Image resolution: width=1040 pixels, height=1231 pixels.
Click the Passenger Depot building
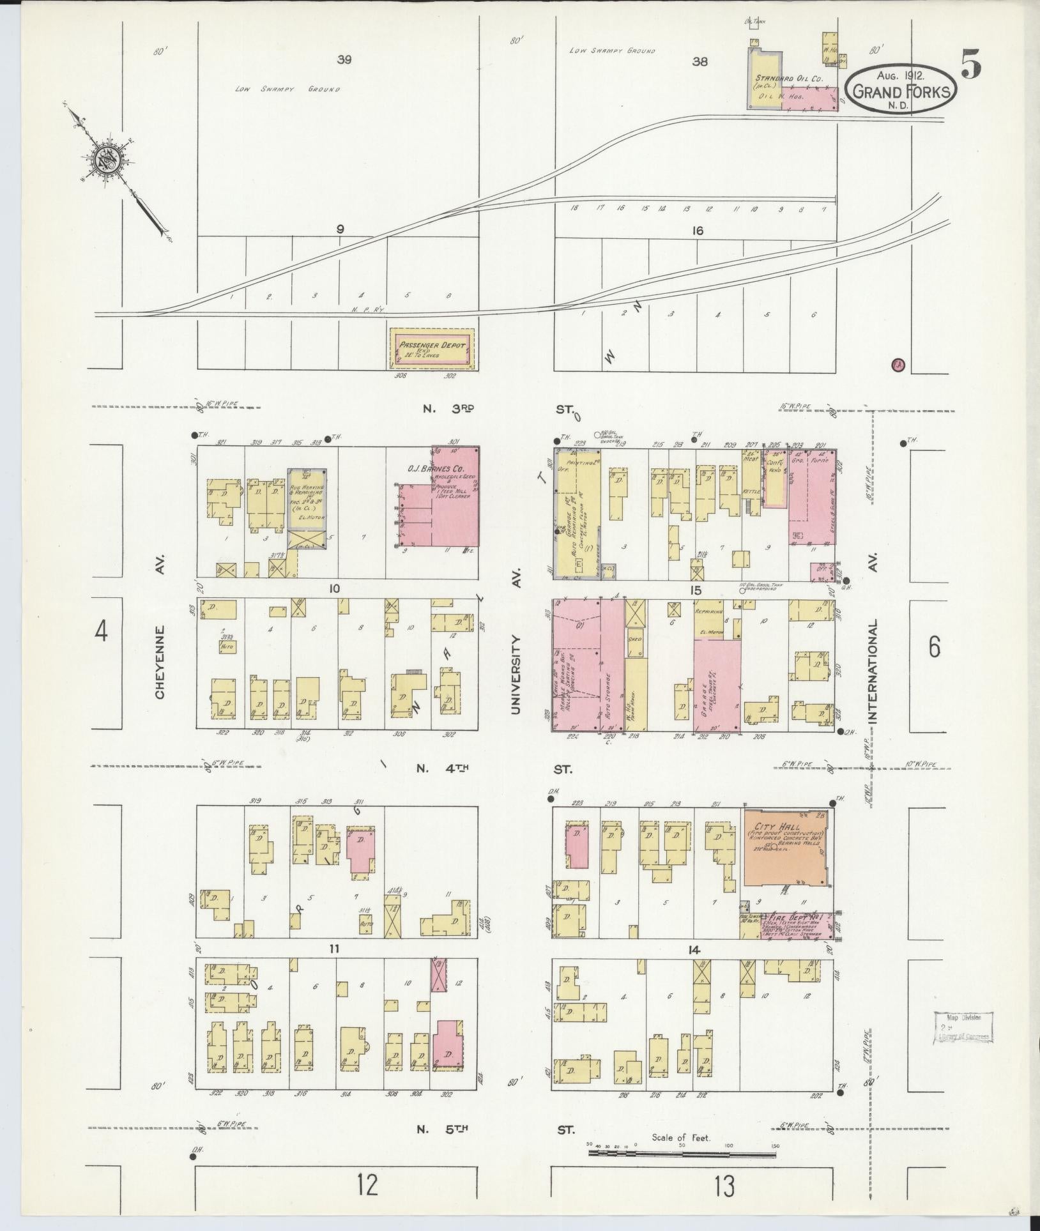pyautogui.click(x=432, y=348)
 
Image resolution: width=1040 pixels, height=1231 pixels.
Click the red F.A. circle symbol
pyautogui.click(x=898, y=365)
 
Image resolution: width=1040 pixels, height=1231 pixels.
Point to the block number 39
pyautogui.click(x=344, y=60)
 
